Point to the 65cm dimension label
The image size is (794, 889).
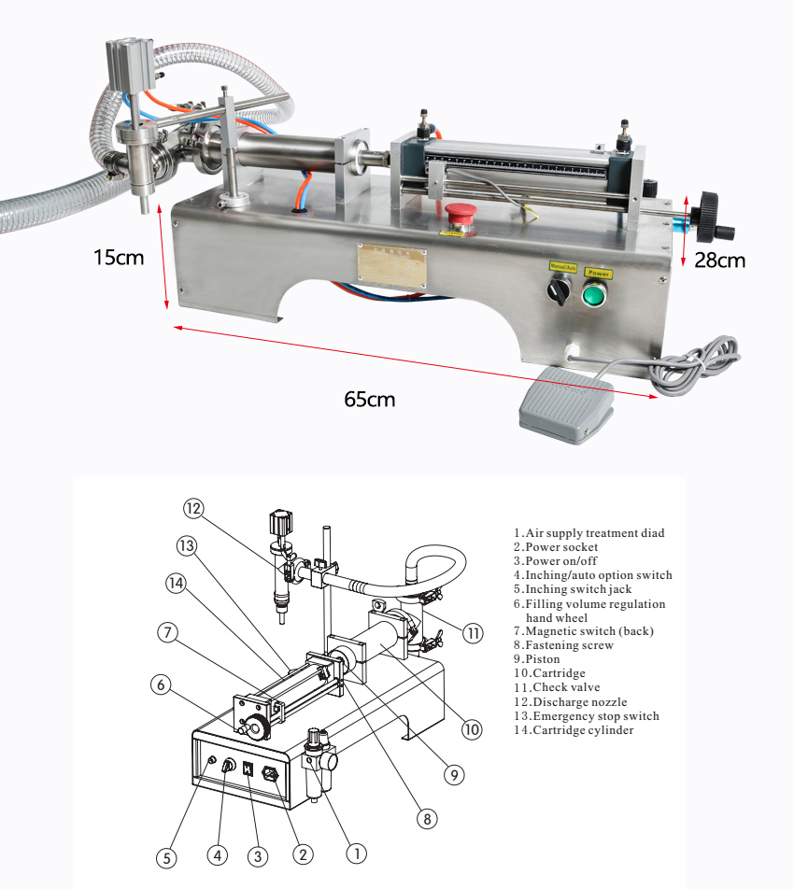(x=369, y=400)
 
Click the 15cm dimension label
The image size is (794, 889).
(x=119, y=257)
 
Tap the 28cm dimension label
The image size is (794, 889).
(x=719, y=261)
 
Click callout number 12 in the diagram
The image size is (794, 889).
(x=193, y=509)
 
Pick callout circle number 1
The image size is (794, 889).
(x=356, y=853)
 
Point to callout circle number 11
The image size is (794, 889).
(x=474, y=634)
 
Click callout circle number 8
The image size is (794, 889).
(x=426, y=819)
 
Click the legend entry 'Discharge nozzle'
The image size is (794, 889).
(x=570, y=702)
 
